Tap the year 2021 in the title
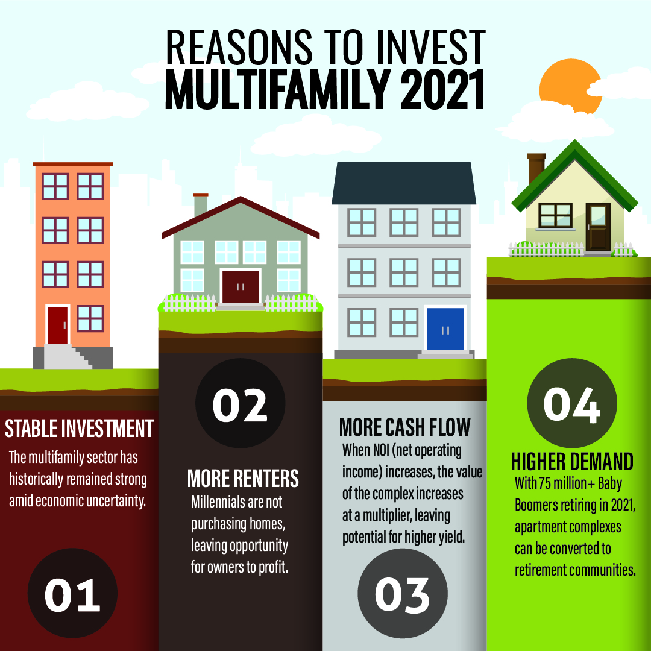coord(442,89)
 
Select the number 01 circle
coord(73,593)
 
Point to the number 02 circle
coord(240,403)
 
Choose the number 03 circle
coord(402,593)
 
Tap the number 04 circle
coord(571,403)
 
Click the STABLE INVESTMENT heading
coord(79,429)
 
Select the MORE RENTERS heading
coord(243,478)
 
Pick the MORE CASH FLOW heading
coord(405,427)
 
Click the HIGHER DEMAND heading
coord(572,461)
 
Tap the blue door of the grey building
coord(445,329)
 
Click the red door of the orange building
coord(58,325)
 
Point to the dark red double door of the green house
coord(241,287)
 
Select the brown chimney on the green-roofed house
coord(536,169)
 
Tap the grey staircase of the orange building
coord(68,356)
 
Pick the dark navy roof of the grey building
coord(403,183)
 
